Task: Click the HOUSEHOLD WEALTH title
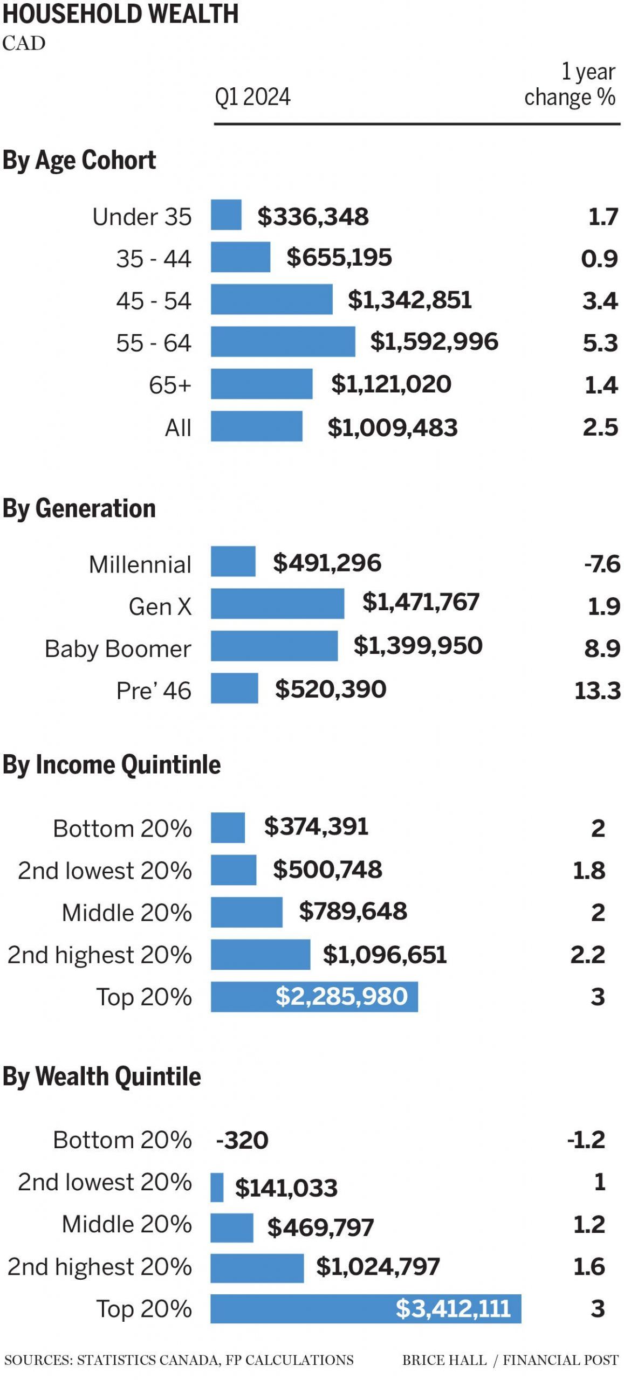(x=120, y=14)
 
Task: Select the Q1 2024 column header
(x=252, y=97)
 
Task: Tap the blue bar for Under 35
(x=226, y=215)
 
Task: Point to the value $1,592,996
(x=434, y=341)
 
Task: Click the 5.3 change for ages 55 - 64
(x=600, y=343)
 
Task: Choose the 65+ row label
(x=170, y=385)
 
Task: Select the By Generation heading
(x=79, y=508)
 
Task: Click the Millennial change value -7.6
(x=602, y=564)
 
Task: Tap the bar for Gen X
(x=277, y=603)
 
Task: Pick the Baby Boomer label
(x=118, y=648)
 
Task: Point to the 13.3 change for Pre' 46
(x=598, y=691)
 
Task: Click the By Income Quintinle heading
(x=112, y=764)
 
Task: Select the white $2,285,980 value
(x=341, y=996)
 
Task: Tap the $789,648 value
(x=353, y=911)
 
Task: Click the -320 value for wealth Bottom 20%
(x=242, y=1140)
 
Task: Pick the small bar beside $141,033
(x=217, y=1187)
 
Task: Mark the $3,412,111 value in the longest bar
(x=453, y=1308)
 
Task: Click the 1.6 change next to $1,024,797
(x=589, y=1266)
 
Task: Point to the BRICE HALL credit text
(x=444, y=1360)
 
